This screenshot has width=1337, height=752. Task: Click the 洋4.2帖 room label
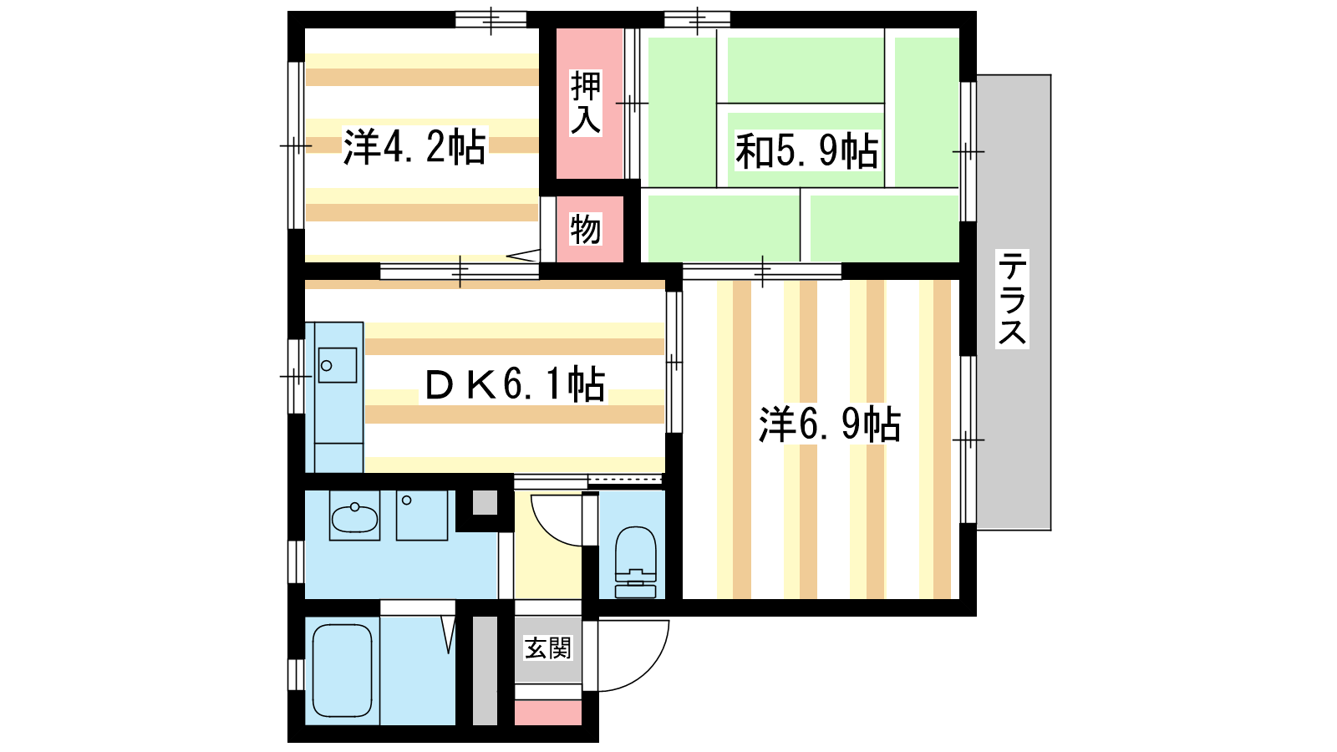coord(414,146)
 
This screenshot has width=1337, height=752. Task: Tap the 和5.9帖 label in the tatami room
coord(806,151)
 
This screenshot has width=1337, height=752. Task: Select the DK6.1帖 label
coord(515,384)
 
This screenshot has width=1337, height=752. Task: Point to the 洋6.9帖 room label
coord(830,424)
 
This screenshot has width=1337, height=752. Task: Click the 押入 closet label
coord(585,103)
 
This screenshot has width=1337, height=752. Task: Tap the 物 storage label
coord(585,230)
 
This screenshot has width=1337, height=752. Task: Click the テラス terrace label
coord(1012,298)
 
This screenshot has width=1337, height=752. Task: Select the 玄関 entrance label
coord(548,648)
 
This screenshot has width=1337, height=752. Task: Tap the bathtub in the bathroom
coord(342,670)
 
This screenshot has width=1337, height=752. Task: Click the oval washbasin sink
coord(354,518)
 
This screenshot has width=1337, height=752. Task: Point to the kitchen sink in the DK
coord(338,365)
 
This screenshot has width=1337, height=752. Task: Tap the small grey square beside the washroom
coord(485,502)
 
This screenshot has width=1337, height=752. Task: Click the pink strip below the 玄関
coord(548,714)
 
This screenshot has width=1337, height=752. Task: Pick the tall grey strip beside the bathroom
coord(485,671)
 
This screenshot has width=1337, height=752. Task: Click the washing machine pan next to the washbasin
coord(422,516)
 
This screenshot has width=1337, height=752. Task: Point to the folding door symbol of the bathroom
coord(449,635)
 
